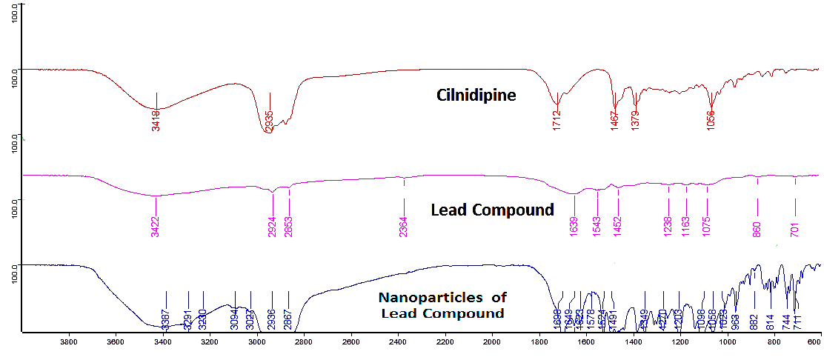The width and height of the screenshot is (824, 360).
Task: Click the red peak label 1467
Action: click(614, 121)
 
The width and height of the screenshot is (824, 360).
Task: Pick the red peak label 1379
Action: click(635, 121)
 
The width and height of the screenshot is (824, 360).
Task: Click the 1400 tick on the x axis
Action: click(634, 342)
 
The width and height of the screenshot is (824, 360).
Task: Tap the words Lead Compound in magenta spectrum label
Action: click(492, 210)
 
